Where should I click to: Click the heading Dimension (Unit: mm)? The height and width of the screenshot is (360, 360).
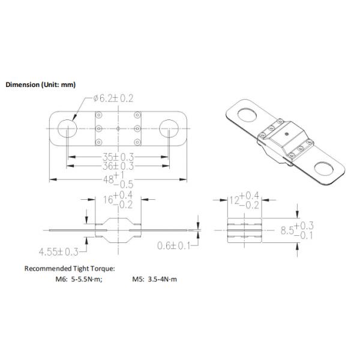[x=40, y=85]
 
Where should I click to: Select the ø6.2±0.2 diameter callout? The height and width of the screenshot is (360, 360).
[x=113, y=98]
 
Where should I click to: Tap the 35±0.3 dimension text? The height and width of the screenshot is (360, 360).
[x=118, y=157]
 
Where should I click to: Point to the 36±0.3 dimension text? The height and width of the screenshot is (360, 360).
[x=118, y=166]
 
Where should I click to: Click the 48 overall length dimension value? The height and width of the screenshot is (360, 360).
[x=109, y=179]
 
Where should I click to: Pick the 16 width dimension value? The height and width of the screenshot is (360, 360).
[x=108, y=200]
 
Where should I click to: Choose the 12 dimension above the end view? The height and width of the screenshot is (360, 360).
[x=235, y=200]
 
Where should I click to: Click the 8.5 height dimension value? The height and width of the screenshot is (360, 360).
[x=287, y=230]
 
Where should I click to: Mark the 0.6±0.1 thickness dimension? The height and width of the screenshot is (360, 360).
[x=173, y=246]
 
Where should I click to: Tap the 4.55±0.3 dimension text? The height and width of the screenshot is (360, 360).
[x=59, y=252]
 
